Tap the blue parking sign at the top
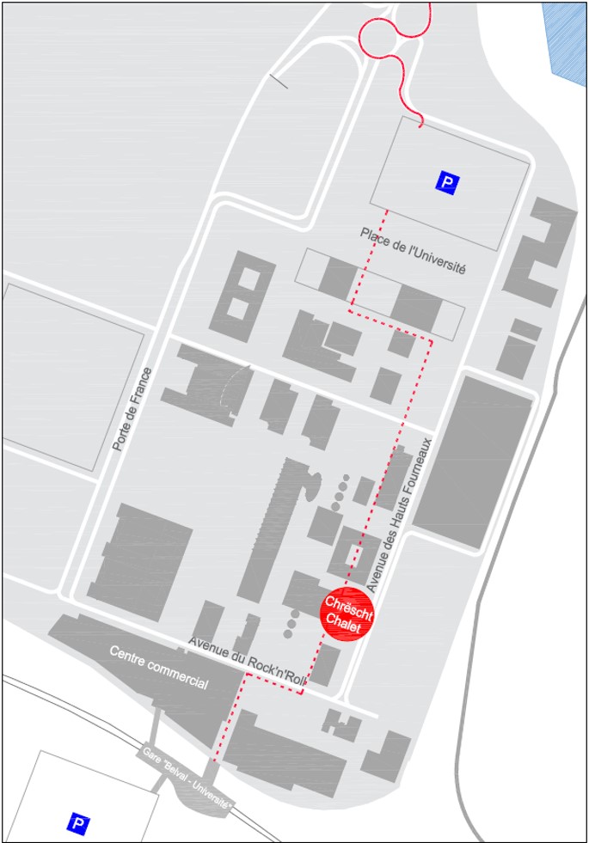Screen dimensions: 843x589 point(448,182)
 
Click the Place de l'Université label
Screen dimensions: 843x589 point(413,250)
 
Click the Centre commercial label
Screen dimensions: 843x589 point(158,666)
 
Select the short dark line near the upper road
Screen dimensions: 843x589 point(279,82)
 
